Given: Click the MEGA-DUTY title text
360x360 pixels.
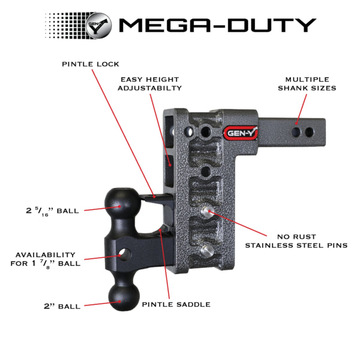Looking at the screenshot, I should pyautogui.click(x=217, y=25).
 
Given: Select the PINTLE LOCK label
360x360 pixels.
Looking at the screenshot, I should pyautogui.click(x=91, y=64).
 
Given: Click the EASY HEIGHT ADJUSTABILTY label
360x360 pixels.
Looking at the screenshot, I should pyautogui.click(x=151, y=83).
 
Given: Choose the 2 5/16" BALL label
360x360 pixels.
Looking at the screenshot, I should pyautogui.click(x=53, y=211).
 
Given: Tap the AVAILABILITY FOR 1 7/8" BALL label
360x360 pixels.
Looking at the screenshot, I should pyautogui.click(x=46, y=259).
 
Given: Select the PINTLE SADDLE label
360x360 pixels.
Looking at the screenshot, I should pyautogui.click(x=176, y=304).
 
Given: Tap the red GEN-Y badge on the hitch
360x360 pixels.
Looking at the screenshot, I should pyautogui.click(x=239, y=134).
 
